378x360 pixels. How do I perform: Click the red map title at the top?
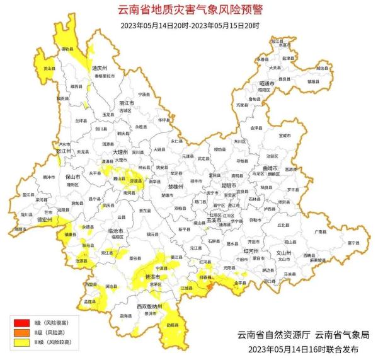[190, 10]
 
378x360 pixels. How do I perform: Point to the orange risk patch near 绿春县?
[209, 286]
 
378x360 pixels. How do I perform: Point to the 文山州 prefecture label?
[286, 252]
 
